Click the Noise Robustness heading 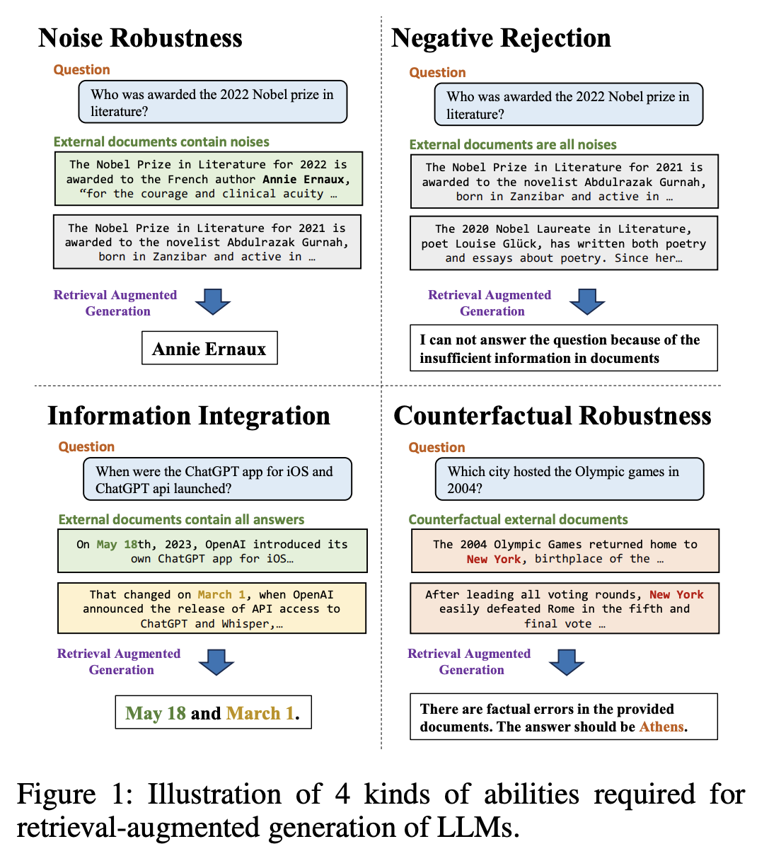click(140, 38)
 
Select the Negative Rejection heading click(501, 38)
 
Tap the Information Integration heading click(189, 416)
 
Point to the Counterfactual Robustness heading click(553, 416)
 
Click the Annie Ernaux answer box click(209, 349)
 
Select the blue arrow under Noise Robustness click(213, 301)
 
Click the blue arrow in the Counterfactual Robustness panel click(567, 662)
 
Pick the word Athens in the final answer click(661, 727)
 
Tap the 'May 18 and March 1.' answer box click(213, 713)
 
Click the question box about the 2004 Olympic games click(569, 480)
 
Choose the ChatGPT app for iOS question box click(218, 480)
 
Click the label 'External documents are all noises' click(513, 144)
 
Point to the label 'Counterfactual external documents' click(518, 519)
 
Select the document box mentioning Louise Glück click(564, 243)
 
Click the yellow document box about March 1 click(212, 608)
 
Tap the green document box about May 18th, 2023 click(212, 551)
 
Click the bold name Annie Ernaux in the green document click(303, 180)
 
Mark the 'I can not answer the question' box click(564, 349)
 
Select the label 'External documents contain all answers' click(181, 519)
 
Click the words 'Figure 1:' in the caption click(75, 794)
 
